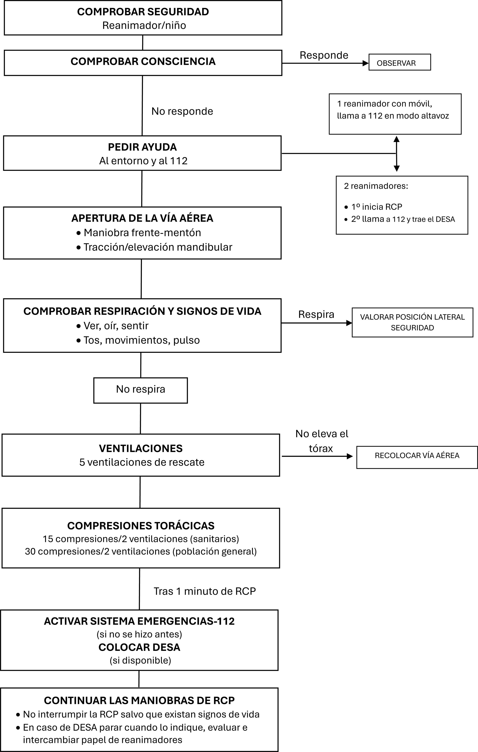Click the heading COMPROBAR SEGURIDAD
click(x=143, y=12)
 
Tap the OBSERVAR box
click(x=399, y=63)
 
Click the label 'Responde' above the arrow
click(x=324, y=55)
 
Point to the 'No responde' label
click(x=182, y=111)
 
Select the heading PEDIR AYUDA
click(x=142, y=147)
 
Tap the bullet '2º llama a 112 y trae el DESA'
click(x=403, y=219)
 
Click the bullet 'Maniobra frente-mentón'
click(x=142, y=233)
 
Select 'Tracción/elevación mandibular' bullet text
click(x=158, y=247)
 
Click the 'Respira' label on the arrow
click(x=316, y=314)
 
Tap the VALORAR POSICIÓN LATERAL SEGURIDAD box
click(x=412, y=322)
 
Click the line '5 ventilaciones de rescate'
click(x=142, y=462)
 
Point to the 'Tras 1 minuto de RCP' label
click(x=204, y=591)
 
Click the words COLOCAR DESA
click(x=139, y=647)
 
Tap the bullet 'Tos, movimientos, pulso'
click(x=141, y=340)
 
